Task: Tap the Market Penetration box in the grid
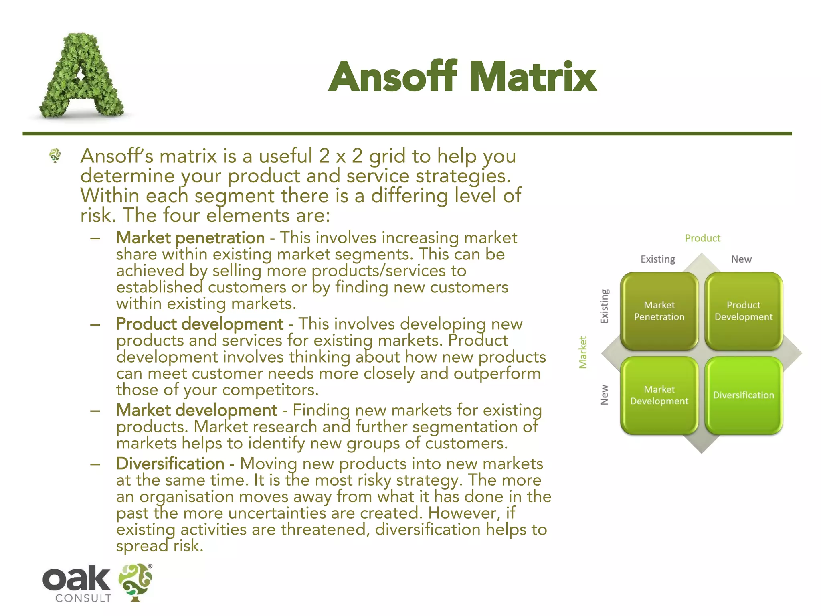click(x=659, y=311)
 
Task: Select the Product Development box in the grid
click(x=743, y=311)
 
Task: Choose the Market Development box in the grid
click(x=659, y=395)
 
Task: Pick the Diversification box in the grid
click(x=743, y=395)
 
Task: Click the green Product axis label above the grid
click(x=702, y=238)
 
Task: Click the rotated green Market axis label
click(x=583, y=352)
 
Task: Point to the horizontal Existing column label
click(x=657, y=259)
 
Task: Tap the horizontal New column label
click(x=741, y=259)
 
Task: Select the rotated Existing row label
click(x=604, y=306)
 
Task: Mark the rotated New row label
click(x=604, y=395)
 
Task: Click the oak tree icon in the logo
click(x=135, y=582)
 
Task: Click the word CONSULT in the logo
click(x=83, y=598)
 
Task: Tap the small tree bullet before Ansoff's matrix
click(x=55, y=155)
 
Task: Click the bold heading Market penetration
click(x=190, y=238)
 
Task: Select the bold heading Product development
click(x=200, y=324)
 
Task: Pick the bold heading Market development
click(x=196, y=410)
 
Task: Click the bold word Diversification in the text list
click(x=170, y=464)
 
